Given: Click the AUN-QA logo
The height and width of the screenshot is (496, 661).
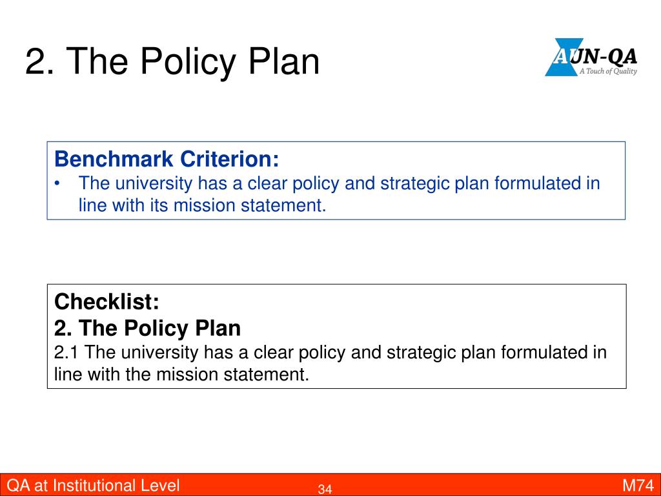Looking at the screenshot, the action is coord(591,57).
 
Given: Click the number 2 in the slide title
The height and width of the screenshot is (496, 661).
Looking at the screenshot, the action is coord(36,61).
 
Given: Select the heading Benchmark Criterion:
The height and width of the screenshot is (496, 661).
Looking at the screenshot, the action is coord(167,159).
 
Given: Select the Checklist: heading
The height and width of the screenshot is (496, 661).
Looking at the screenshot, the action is coord(107,302).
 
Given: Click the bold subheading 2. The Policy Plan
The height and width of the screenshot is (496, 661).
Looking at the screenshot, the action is coord(147,328).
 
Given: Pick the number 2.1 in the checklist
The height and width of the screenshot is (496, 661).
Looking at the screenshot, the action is coord(66,353).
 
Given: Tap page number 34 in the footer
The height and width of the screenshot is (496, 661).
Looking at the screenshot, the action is coord(325,489).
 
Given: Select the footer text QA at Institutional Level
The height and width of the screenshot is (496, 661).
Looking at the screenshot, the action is coord(93,486).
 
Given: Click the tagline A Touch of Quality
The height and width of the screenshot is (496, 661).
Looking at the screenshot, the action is coord(608,71).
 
